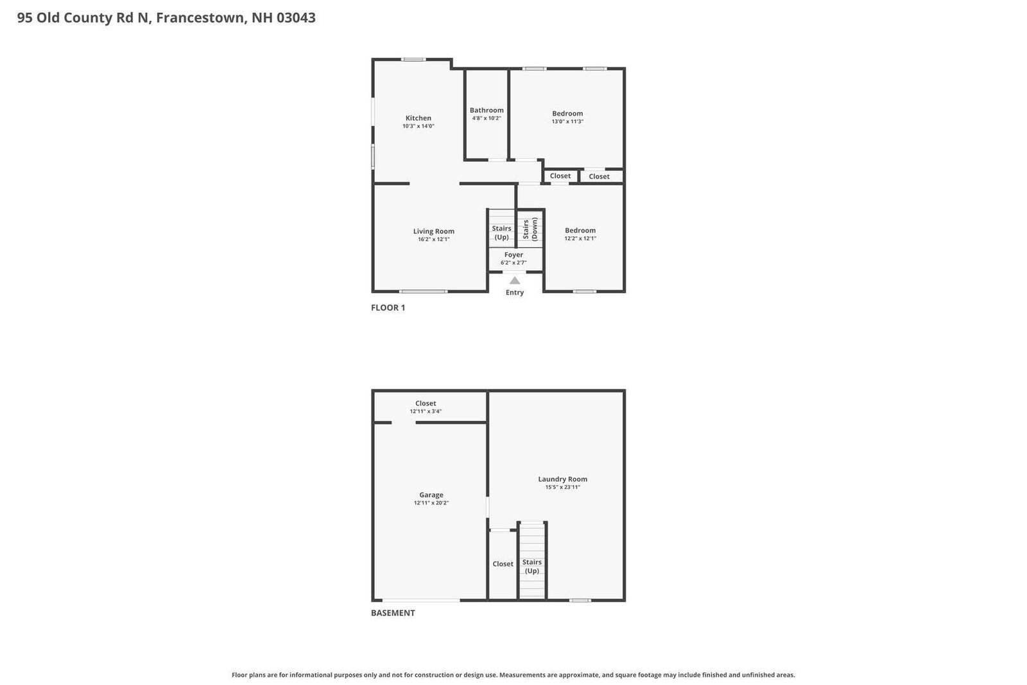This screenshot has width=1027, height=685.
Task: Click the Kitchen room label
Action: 418,118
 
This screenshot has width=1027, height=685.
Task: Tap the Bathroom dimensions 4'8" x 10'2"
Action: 487,118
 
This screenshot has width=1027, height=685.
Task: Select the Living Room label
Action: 434,231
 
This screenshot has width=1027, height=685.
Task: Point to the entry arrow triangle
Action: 515,280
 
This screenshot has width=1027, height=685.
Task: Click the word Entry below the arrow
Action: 514,293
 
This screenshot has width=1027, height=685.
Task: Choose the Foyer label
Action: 513,254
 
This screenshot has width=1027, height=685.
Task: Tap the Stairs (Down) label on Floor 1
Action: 530,229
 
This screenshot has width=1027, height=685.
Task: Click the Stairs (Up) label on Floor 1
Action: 501,232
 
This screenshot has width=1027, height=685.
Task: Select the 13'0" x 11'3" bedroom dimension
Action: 567,121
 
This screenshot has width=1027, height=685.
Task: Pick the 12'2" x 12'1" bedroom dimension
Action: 580,238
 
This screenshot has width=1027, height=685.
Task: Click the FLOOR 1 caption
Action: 388,308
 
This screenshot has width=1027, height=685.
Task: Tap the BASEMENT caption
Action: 393,613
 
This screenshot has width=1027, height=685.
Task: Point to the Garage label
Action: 431,495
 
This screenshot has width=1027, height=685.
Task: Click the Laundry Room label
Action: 562,479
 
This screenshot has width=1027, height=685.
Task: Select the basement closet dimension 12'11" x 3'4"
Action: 426,412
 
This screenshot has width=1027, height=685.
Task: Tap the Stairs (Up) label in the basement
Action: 532,566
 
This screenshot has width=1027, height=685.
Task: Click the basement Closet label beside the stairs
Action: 503,564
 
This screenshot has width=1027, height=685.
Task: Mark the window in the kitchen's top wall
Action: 413,59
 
